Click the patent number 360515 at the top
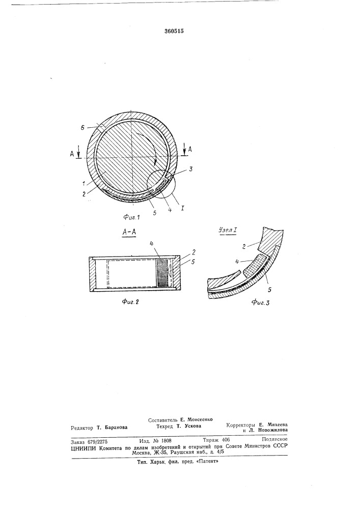pyautogui.click(x=174, y=31)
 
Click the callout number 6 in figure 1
pyautogui.click(x=82, y=128)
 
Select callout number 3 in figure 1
pyautogui.click(x=191, y=169)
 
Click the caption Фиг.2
pyautogui.click(x=130, y=301)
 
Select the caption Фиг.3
pyautogui.click(x=260, y=302)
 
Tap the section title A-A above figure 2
pyautogui.click(x=128, y=232)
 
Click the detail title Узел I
pyautogui.click(x=227, y=231)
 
